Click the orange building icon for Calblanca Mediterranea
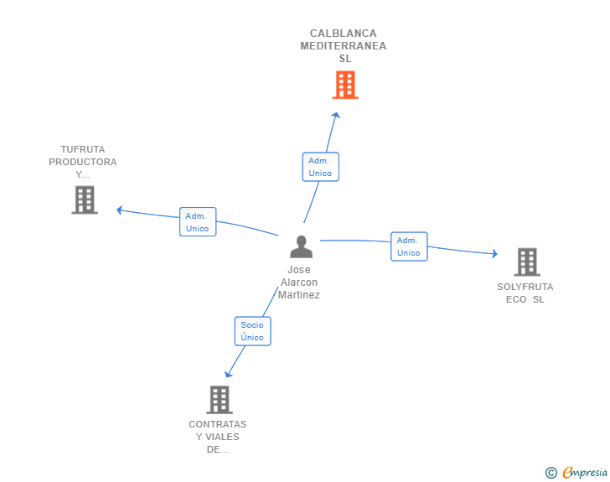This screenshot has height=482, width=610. (x=345, y=85)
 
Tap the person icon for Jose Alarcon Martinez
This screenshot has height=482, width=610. (x=301, y=246)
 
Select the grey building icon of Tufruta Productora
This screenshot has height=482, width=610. (x=85, y=200)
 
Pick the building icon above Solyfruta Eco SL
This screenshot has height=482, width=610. (x=527, y=262)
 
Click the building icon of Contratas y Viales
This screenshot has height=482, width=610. (x=220, y=400)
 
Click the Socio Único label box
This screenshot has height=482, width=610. (x=252, y=331)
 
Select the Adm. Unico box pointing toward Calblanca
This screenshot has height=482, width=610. (x=321, y=167)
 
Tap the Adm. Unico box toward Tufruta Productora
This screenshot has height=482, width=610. (x=198, y=221)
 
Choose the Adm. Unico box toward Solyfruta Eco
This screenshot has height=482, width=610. (x=409, y=246)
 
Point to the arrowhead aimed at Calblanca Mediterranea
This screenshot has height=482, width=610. (x=336, y=115)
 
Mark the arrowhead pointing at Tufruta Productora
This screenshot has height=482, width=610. (x=120, y=210)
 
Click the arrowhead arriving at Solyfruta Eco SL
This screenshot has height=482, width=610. (x=494, y=254)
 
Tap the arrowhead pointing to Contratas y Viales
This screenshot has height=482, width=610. (x=228, y=374)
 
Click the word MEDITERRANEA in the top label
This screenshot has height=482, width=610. (x=344, y=46)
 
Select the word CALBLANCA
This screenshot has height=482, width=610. (x=344, y=34)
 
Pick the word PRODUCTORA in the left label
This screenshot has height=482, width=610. (x=82, y=162)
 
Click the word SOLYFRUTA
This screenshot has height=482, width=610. (x=525, y=287)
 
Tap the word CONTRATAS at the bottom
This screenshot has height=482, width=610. (x=218, y=424)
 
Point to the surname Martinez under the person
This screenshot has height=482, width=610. (x=299, y=295)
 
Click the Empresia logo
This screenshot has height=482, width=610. (x=576, y=473)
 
